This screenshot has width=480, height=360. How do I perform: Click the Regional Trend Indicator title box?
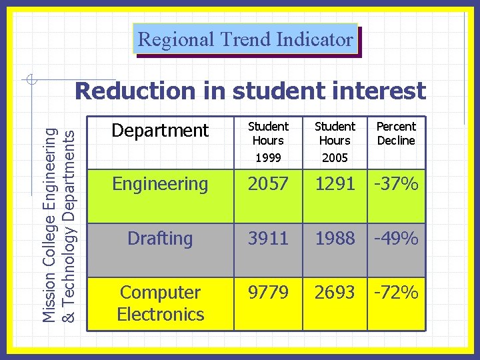245,39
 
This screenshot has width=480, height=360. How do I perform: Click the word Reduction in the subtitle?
133,91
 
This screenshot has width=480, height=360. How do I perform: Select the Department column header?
160,131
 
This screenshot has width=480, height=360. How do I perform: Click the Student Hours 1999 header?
268,142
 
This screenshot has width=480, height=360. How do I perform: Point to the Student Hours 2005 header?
335,142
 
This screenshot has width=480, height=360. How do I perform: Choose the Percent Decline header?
396,133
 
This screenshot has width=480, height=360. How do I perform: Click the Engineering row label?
160,184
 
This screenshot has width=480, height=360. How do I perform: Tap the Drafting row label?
160,239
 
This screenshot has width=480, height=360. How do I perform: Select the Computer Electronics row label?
160,303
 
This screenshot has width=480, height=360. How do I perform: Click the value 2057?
268,184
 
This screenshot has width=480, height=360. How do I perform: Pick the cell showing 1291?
335,184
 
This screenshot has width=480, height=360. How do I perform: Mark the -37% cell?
396,184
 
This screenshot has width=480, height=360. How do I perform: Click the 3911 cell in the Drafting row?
268,239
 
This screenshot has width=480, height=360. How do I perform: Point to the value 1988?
335,239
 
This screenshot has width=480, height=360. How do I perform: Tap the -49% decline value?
396,239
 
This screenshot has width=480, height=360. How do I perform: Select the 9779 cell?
268,293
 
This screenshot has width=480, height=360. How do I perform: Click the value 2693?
335,293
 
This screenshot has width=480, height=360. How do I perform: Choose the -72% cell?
396,293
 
